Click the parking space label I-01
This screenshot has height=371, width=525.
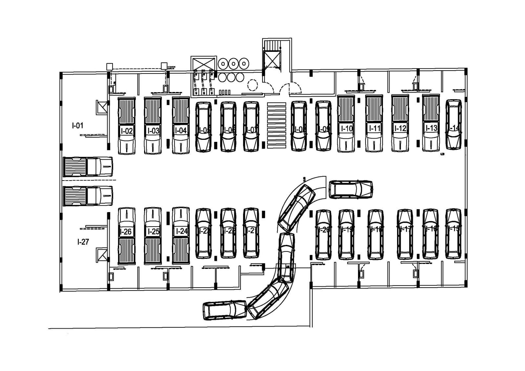[x=78, y=125]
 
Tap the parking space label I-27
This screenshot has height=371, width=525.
[x=83, y=242]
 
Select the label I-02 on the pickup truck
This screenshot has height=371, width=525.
[x=127, y=131]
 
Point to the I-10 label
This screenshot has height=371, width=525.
[x=346, y=128]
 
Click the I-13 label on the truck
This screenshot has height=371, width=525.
[x=431, y=128]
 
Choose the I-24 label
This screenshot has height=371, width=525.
[x=181, y=231]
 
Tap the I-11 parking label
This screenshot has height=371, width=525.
[x=374, y=128]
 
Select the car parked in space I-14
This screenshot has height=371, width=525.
[x=453, y=125]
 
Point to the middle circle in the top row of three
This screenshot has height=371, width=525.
[x=233, y=63]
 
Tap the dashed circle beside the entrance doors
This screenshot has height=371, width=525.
[x=252, y=85]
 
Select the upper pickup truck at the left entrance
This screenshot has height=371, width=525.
[x=88, y=166]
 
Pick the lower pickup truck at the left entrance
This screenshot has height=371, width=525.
[x=88, y=196]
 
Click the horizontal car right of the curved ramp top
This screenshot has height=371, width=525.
[x=351, y=189]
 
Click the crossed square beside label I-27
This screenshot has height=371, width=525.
[x=101, y=255]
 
